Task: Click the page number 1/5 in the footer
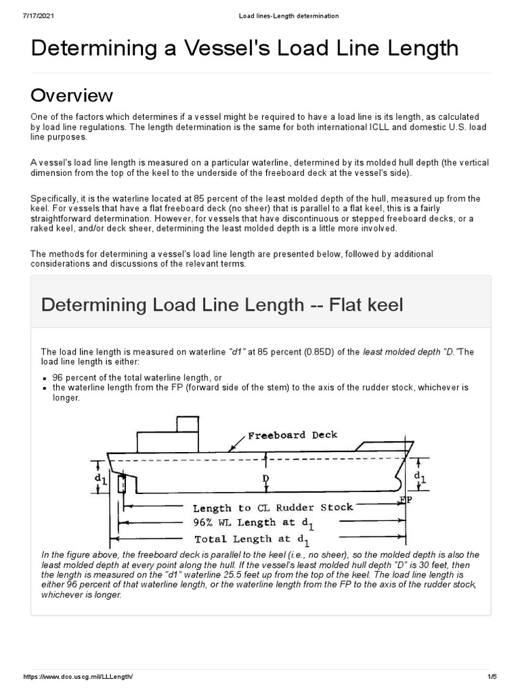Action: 492,677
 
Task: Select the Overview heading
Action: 72,95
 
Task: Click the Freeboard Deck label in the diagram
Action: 292,435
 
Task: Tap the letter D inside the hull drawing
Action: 266,478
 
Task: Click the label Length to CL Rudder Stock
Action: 273,508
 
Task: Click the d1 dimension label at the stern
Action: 101,479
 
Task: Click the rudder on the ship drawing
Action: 122,485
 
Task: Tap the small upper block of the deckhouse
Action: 187,424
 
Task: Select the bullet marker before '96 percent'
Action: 44,378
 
